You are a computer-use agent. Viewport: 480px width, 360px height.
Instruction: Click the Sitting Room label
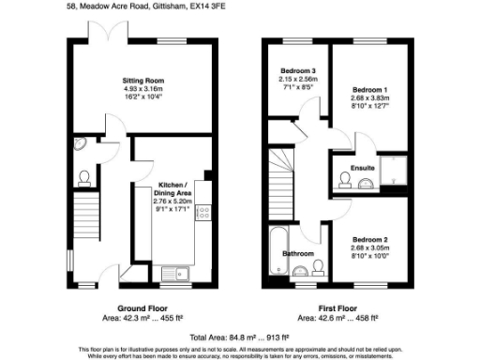(x=142, y=82)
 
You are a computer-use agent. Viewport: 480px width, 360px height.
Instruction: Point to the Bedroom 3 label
(x=297, y=71)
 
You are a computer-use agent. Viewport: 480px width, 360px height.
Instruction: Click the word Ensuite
(x=363, y=169)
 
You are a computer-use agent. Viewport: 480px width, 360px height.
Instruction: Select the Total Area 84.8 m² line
(x=240, y=336)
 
